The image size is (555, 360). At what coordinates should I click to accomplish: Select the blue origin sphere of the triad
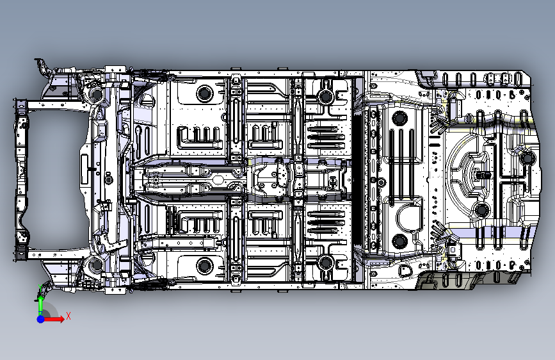point(40,318)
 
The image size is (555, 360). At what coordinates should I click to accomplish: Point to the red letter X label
point(68,315)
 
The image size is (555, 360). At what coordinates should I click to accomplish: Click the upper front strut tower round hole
point(98,95)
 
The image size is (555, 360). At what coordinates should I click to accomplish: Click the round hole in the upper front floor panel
point(205,94)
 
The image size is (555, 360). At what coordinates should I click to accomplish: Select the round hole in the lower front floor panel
point(205,264)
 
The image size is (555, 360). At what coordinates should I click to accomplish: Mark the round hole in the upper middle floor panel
point(325,97)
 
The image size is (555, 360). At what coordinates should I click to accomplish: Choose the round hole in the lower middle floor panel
point(325,261)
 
